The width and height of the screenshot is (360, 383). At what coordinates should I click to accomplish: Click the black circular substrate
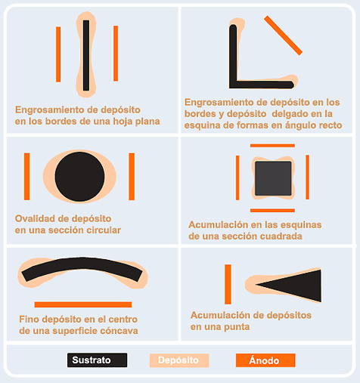79,176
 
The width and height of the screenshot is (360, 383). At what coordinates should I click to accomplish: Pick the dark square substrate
272,178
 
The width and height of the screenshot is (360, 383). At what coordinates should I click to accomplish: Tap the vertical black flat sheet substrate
87,54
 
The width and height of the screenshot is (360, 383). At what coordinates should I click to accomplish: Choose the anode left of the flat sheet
58,54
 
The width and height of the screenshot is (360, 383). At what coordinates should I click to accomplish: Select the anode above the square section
272,145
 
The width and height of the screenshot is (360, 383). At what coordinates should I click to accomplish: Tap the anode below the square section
272,210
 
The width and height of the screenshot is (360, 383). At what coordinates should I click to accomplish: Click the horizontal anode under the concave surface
83,304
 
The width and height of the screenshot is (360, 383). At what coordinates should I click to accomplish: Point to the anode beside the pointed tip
228,284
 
